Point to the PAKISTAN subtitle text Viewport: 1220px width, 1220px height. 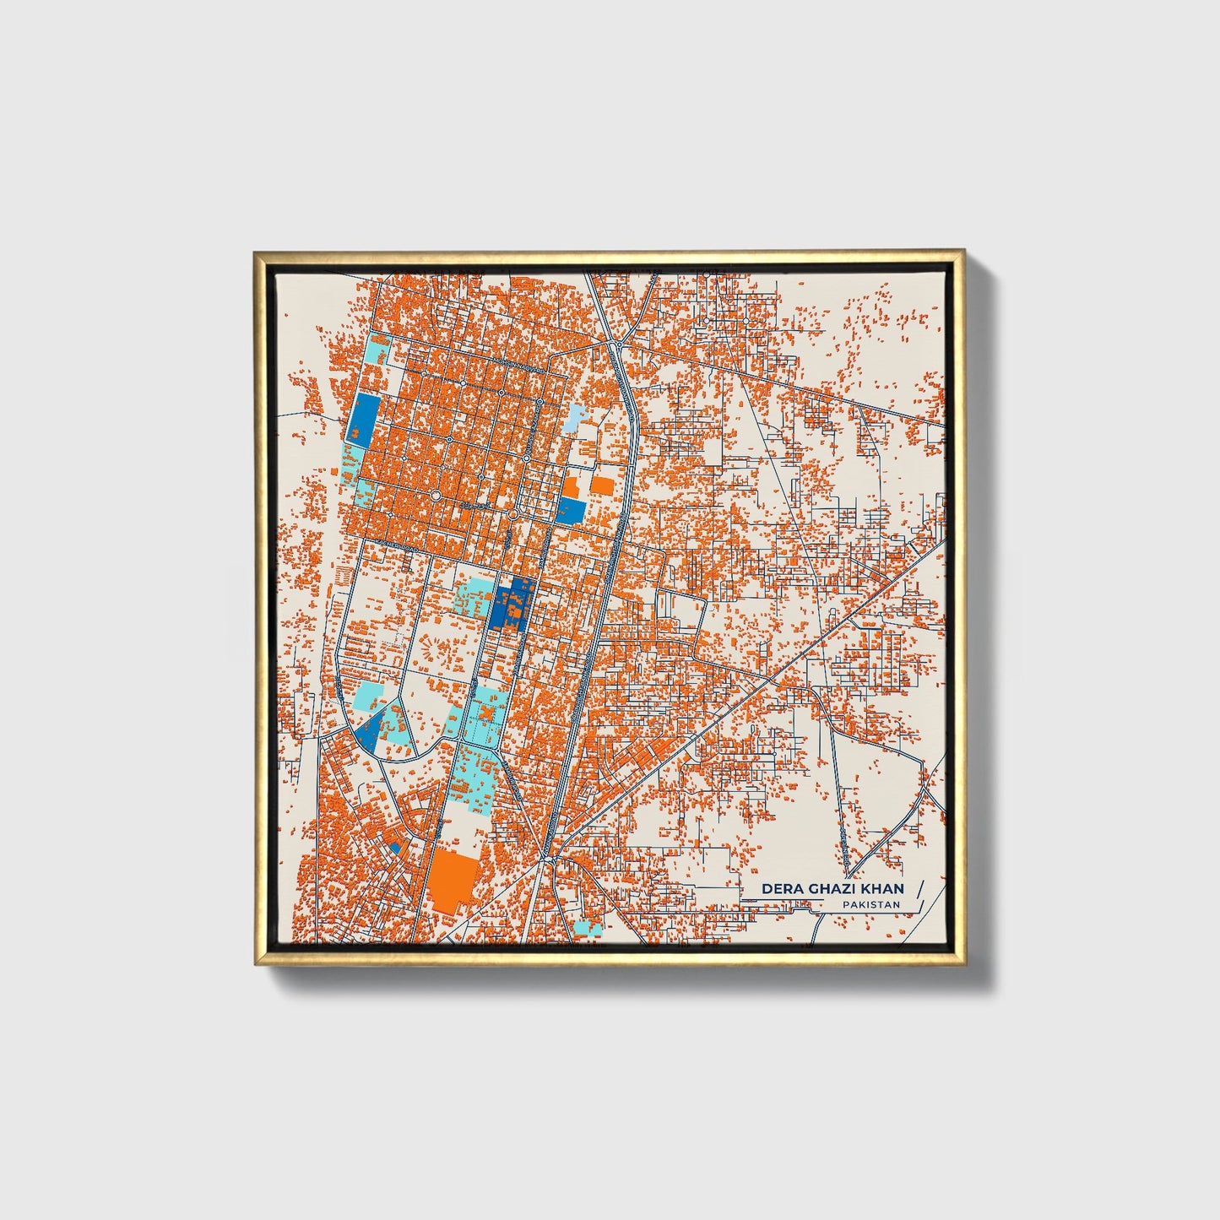[x=870, y=904]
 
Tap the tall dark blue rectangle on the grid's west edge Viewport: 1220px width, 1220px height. [x=365, y=418]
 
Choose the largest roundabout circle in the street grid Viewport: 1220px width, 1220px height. [x=436, y=496]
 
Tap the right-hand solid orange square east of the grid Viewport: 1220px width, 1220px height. [x=602, y=485]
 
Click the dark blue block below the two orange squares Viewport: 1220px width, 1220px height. [x=572, y=509]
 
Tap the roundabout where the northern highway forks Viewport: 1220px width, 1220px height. [x=620, y=344]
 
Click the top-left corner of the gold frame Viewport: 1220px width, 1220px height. [x=257, y=253]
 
